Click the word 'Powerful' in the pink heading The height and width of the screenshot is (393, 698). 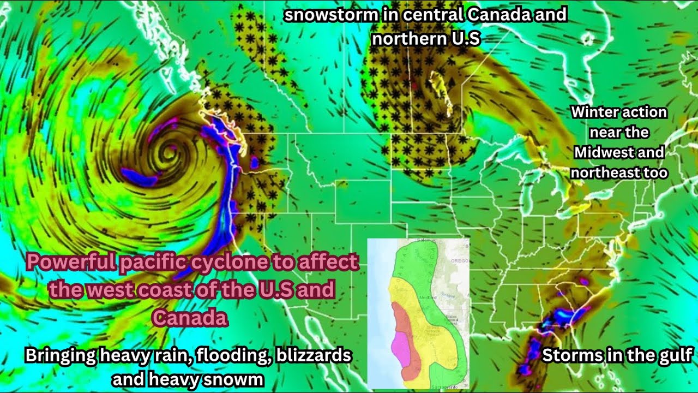click(70, 263)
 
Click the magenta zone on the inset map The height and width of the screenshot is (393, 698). click(399, 347)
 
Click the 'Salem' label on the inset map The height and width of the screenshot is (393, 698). click(423, 241)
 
